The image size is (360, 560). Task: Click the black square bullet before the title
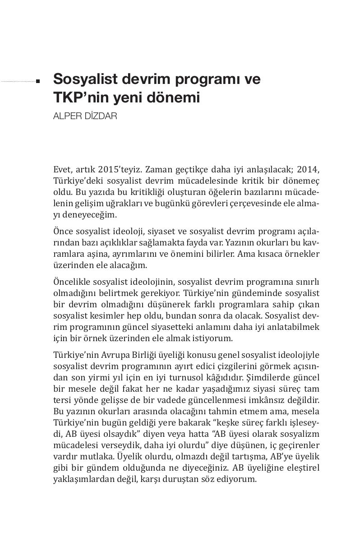(38, 82)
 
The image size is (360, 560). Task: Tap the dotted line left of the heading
(18, 82)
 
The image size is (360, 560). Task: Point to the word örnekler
(303, 254)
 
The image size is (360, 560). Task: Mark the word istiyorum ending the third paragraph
(213, 338)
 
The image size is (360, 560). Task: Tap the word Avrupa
(110, 355)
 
